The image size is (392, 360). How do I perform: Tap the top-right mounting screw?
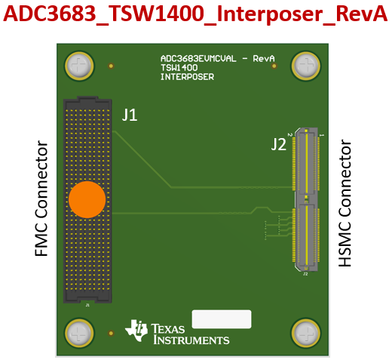(306, 66)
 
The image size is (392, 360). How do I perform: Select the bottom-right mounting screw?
(306, 332)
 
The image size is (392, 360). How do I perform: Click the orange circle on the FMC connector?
(87, 200)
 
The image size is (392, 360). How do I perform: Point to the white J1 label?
(130, 115)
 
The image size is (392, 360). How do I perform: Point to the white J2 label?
(279, 145)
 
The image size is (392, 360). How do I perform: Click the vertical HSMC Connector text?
(346, 202)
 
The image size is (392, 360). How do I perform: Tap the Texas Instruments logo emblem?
(137, 331)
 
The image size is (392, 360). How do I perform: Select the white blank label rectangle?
(222, 318)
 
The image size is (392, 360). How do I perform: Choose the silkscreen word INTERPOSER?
(187, 77)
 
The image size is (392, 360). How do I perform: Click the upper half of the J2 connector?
(307, 162)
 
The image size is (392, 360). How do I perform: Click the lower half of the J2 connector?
(307, 234)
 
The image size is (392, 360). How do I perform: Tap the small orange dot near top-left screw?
(112, 66)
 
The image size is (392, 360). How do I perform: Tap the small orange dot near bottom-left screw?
(112, 332)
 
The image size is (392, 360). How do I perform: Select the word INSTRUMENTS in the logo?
(191, 340)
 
